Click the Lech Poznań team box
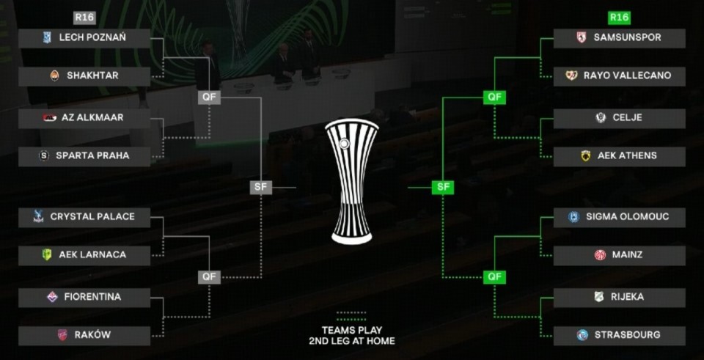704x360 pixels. (84, 38)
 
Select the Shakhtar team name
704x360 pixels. (92, 76)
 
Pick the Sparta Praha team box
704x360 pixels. (84, 156)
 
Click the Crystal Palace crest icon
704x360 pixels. (38, 217)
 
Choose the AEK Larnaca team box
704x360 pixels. (84, 255)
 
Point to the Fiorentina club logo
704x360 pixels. (52, 297)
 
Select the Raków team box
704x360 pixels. (84, 335)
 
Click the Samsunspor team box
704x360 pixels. (619, 38)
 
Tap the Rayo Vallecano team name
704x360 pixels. (627, 76)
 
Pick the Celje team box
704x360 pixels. (619, 118)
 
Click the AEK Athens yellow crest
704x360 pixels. (586, 156)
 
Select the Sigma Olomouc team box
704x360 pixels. (619, 217)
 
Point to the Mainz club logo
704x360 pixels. (600, 255)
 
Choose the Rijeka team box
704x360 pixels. (619, 297)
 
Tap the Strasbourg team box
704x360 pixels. (619, 335)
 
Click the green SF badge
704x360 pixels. (442, 187)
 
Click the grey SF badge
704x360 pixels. (260, 187)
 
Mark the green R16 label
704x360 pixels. (619, 18)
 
